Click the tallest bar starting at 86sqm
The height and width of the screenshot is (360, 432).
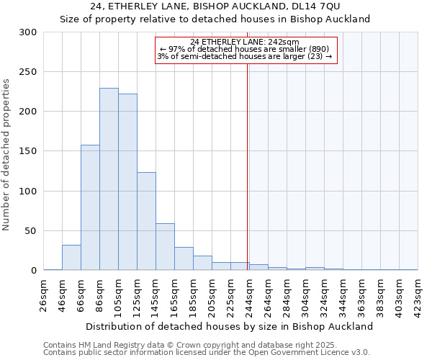pos(109,179)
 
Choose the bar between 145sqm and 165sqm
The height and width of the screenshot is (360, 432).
pos(165,247)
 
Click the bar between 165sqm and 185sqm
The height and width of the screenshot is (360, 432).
pos(184,258)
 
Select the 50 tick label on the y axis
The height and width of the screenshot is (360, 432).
pos(30,231)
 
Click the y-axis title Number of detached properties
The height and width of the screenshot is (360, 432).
pos(6,154)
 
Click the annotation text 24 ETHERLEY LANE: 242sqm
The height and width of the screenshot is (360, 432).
pos(245,42)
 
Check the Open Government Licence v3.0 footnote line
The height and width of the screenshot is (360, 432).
pos(207,353)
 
